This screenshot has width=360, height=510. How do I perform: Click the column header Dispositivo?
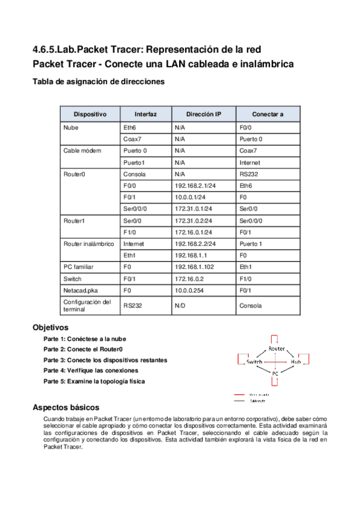[x=90, y=114]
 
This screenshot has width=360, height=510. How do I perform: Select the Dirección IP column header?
[x=203, y=114]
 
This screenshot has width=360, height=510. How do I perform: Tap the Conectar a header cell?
[x=267, y=114]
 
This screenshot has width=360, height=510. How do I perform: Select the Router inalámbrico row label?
[x=88, y=244]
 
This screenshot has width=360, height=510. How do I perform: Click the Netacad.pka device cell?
[x=81, y=290]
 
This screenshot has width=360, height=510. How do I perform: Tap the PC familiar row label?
[x=79, y=267]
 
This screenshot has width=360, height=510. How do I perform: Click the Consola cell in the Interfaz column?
[x=134, y=174]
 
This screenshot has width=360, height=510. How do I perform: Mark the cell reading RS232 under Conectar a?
[x=248, y=174]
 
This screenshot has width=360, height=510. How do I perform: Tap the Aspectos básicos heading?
[x=66, y=407]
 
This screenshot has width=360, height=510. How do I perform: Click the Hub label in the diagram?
[x=296, y=362]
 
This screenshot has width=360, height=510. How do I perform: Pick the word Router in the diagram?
[x=276, y=349]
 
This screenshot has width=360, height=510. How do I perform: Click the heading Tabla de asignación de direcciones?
[x=97, y=82]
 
